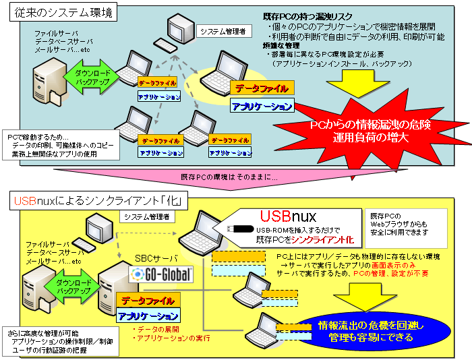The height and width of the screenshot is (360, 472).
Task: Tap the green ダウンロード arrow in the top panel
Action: tap(87, 76)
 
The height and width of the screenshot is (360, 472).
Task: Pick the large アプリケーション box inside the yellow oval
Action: tap(262, 106)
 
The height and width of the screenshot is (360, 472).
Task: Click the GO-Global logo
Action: tap(160, 274)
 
